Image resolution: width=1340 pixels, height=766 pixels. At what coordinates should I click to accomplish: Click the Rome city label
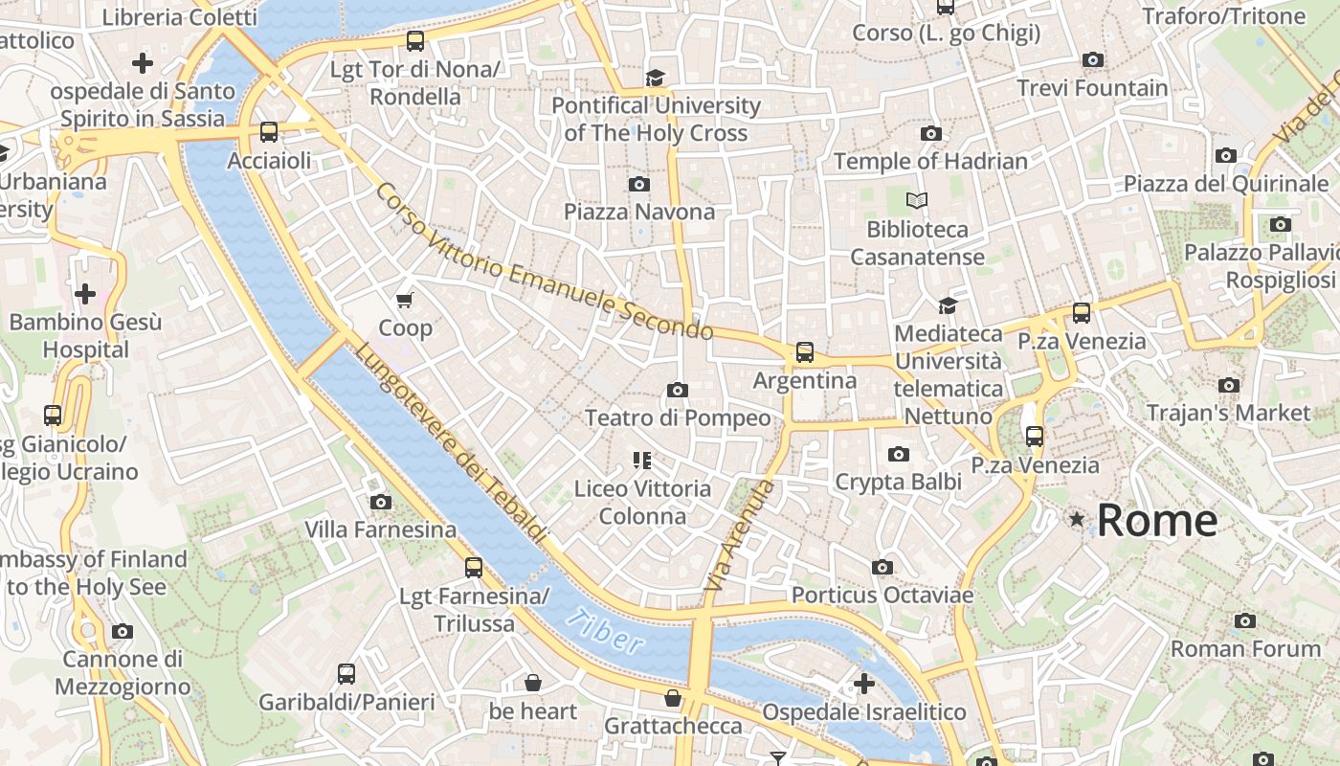(x=1156, y=520)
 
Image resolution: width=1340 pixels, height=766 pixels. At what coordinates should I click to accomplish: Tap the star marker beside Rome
(x=1077, y=519)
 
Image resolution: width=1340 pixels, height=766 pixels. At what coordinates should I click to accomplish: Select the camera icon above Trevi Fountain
(x=1092, y=59)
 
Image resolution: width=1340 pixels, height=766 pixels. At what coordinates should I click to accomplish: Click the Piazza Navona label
(x=638, y=212)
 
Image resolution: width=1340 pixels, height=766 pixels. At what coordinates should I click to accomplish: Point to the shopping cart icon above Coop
(x=405, y=300)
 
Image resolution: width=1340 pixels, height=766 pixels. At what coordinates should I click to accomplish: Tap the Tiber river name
(x=606, y=633)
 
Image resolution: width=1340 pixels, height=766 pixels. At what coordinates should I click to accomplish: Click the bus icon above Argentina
(x=804, y=352)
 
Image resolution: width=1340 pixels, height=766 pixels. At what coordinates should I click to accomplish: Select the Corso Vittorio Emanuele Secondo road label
(x=544, y=262)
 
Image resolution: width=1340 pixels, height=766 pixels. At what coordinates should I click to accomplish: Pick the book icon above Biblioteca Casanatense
(x=917, y=201)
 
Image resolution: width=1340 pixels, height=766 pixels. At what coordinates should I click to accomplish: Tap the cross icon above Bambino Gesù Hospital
(x=85, y=293)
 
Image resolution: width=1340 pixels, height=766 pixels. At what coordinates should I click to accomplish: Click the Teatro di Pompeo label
(x=677, y=417)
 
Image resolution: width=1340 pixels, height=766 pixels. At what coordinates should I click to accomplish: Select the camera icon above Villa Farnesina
(x=380, y=502)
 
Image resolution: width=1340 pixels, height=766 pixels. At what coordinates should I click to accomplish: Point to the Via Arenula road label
(x=738, y=534)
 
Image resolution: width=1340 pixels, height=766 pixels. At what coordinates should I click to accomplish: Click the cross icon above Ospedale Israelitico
(x=863, y=684)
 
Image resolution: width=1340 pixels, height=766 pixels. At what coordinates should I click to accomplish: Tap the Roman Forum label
(x=1245, y=648)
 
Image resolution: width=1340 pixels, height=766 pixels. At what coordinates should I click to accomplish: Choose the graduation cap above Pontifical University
(x=655, y=78)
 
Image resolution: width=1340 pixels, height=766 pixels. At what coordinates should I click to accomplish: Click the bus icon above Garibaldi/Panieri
(x=346, y=673)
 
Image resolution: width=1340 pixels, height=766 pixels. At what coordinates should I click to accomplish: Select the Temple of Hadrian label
(x=930, y=161)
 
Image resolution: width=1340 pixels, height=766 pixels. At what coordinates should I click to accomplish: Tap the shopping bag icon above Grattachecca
(x=673, y=698)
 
